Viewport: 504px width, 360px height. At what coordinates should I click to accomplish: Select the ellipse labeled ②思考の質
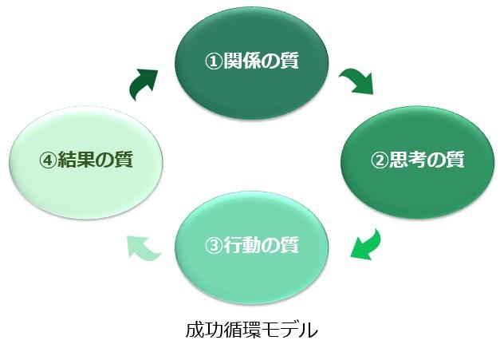(x=418, y=160)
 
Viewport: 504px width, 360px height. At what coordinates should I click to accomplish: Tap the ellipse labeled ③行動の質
(x=252, y=246)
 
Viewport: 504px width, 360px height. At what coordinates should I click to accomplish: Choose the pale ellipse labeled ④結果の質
(x=86, y=160)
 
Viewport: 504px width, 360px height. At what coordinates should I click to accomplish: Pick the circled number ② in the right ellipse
(x=378, y=160)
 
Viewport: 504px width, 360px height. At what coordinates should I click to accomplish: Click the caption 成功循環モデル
(x=252, y=329)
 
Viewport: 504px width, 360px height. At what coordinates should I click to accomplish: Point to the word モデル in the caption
(x=297, y=329)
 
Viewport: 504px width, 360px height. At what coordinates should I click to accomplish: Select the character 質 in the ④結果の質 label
(x=122, y=160)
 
